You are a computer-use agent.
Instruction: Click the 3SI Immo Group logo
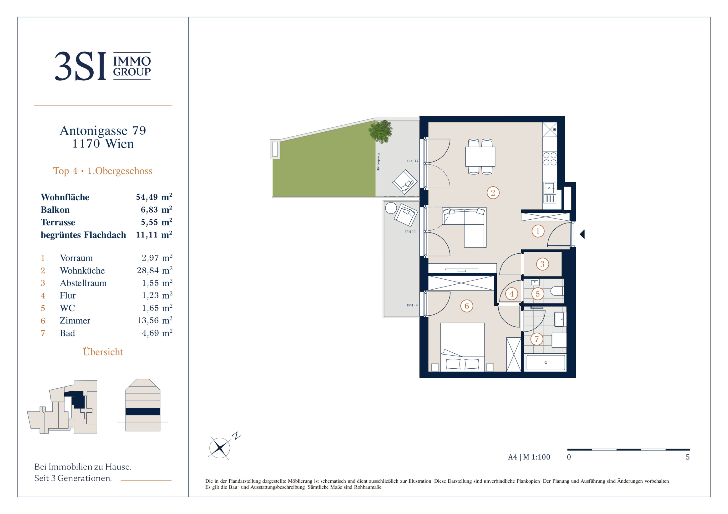[103, 66]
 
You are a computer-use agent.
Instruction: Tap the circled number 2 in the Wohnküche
[493, 193]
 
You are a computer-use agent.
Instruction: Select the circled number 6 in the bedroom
[466, 306]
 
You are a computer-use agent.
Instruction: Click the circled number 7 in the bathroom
[536, 339]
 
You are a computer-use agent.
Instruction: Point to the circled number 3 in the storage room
[542, 264]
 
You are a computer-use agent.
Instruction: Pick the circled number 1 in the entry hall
[538, 231]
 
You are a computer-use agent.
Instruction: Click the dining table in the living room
[480, 156]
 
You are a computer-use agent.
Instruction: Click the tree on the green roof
[380, 131]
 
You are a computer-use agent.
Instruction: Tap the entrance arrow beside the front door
[582, 234]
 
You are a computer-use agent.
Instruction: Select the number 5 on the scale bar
[688, 457]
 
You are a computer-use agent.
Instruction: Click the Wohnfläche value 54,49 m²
[154, 197]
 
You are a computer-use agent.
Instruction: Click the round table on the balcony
[391, 208]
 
